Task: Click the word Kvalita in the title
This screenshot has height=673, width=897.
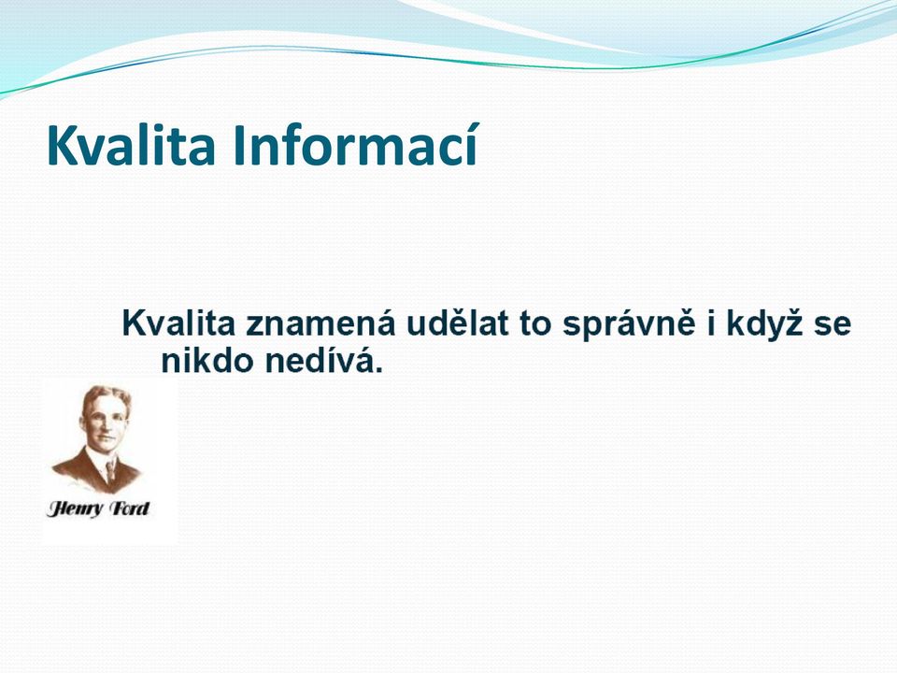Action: (x=131, y=145)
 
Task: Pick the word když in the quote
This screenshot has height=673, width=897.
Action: (x=765, y=324)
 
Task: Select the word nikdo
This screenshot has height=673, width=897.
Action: (x=208, y=361)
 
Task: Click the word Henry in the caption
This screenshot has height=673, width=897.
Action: (x=76, y=508)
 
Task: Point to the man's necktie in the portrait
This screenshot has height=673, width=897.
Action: (x=110, y=470)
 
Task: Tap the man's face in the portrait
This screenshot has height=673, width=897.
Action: (x=107, y=422)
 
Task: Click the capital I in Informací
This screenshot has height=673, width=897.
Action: (x=238, y=145)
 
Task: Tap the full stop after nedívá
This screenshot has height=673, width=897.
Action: (x=378, y=370)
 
